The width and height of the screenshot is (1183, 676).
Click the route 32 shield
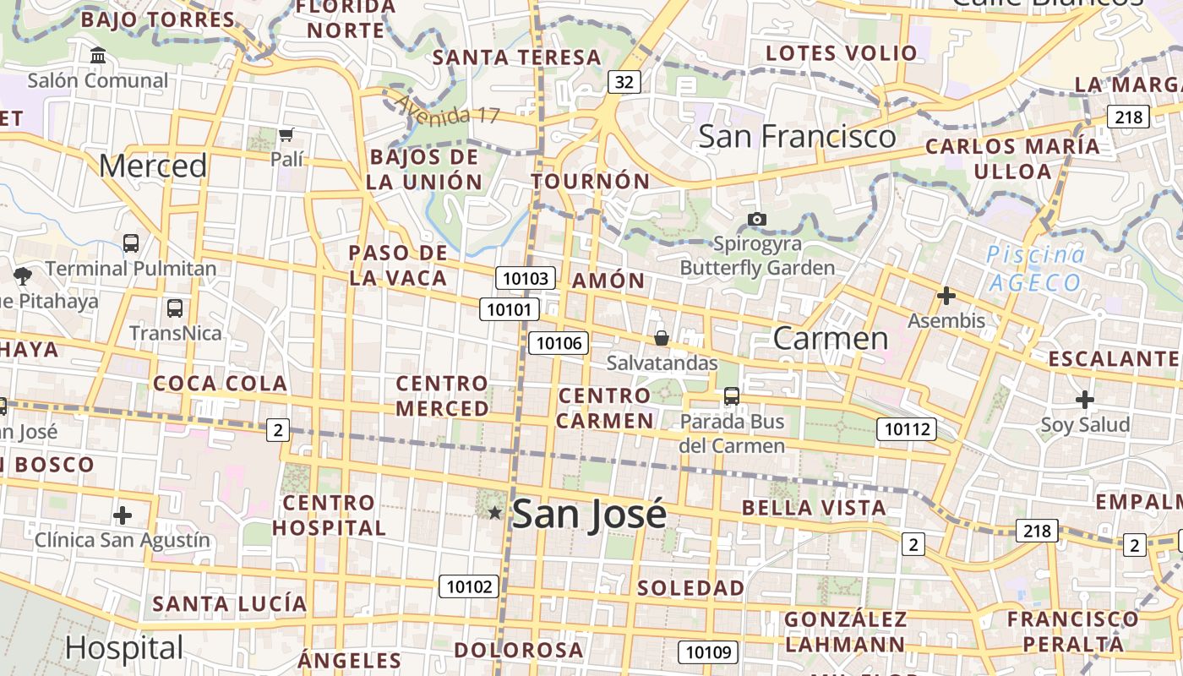pyautogui.click(x=624, y=82)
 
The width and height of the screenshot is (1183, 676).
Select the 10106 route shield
pyautogui.click(x=559, y=342)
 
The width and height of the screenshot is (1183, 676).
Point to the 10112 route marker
pyautogui.click(x=907, y=429)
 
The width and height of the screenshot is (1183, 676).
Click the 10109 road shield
pyautogui.click(x=708, y=651)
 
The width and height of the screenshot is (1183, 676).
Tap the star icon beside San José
pyautogui.click(x=495, y=513)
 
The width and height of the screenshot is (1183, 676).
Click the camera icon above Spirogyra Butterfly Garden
pyautogui.click(x=757, y=220)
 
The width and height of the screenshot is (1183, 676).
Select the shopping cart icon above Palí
pyautogui.click(x=286, y=134)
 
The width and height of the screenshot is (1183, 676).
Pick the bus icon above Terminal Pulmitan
pyautogui.click(x=131, y=243)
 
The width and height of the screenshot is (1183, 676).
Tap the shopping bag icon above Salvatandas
pyautogui.click(x=662, y=338)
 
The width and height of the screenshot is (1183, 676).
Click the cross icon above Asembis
pyautogui.click(x=946, y=296)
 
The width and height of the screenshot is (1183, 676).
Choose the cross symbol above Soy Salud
pyautogui.click(x=1085, y=400)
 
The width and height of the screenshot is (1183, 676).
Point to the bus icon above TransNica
pyautogui.click(x=175, y=308)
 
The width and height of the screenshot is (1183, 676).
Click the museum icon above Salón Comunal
pyautogui.click(x=98, y=56)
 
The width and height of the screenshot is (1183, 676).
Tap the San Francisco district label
pyautogui.click(x=797, y=136)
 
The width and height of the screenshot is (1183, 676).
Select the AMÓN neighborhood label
pyautogui.click(x=608, y=281)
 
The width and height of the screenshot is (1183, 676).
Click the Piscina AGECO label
pyautogui.click(x=1035, y=268)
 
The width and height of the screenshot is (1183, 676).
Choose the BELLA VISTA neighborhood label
pyautogui.click(x=814, y=508)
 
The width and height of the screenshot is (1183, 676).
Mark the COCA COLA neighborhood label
pyautogui.click(x=221, y=384)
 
